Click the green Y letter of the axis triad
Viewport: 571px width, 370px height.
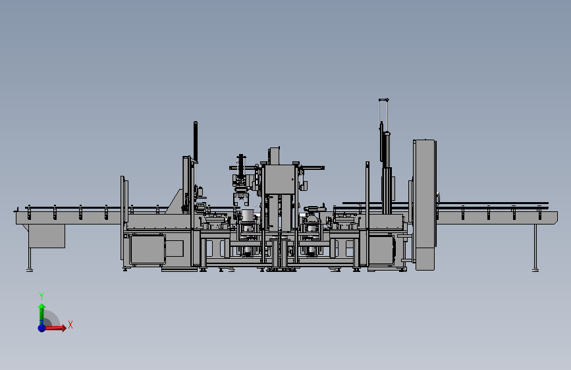click(x=41, y=296)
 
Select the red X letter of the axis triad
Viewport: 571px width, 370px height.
click(x=70, y=325)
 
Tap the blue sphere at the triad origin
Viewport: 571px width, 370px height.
click(x=42, y=328)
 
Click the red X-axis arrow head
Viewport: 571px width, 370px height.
click(x=64, y=328)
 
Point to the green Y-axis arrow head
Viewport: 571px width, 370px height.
click(x=42, y=306)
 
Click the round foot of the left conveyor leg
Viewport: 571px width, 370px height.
click(x=30, y=270)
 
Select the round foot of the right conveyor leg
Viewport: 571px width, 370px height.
click(x=535, y=270)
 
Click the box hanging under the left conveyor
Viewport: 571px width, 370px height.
click(x=47, y=236)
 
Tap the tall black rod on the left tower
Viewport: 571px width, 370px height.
click(x=196, y=142)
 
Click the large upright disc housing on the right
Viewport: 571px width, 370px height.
click(x=425, y=205)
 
